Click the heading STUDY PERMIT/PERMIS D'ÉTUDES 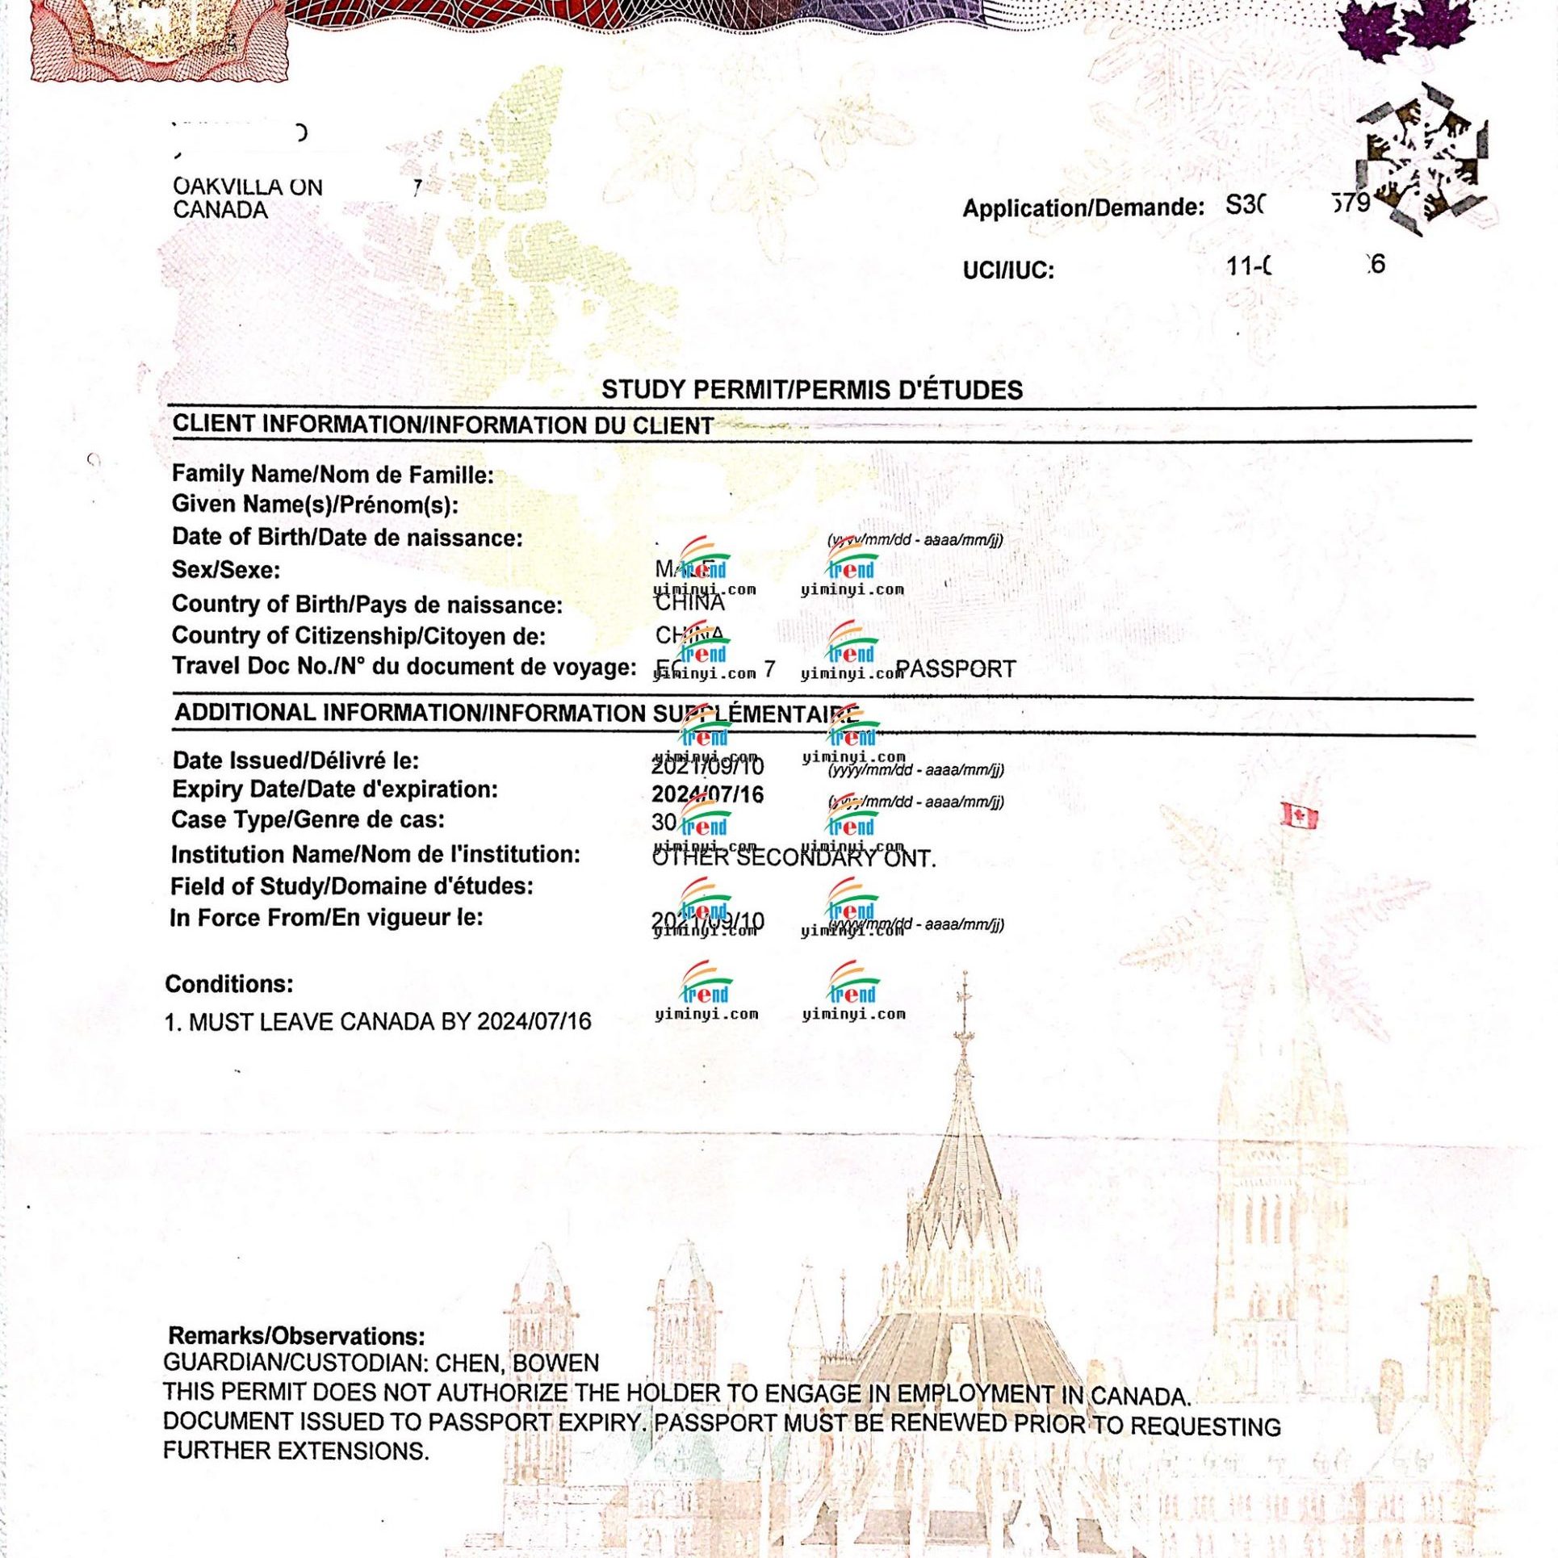pyautogui.click(x=811, y=390)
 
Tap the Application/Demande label pyautogui.click(x=1083, y=208)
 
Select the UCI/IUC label pyautogui.click(x=1008, y=270)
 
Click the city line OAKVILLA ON pyautogui.click(x=248, y=187)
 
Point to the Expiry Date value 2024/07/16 pyautogui.click(x=707, y=795)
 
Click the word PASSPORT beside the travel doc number pyautogui.click(x=956, y=669)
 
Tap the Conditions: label pyautogui.click(x=229, y=984)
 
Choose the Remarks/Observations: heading pyautogui.click(x=296, y=1336)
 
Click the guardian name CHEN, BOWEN pyautogui.click(x=517, y=1363)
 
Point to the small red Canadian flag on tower pyautogui.click(x=1299, y=816)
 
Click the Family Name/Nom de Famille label pyautogui.click(x=333, y=475)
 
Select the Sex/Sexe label pyautogui.click(x=226, y=570)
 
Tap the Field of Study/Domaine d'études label pyautogui.click(x=351, y=886)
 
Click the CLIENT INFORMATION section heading pyautogui.click(x=442, y=425)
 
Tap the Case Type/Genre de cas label pyautogui.click(x=308, y=820)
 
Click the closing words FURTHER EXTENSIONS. pyautogui.click(x=295, y=1451)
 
